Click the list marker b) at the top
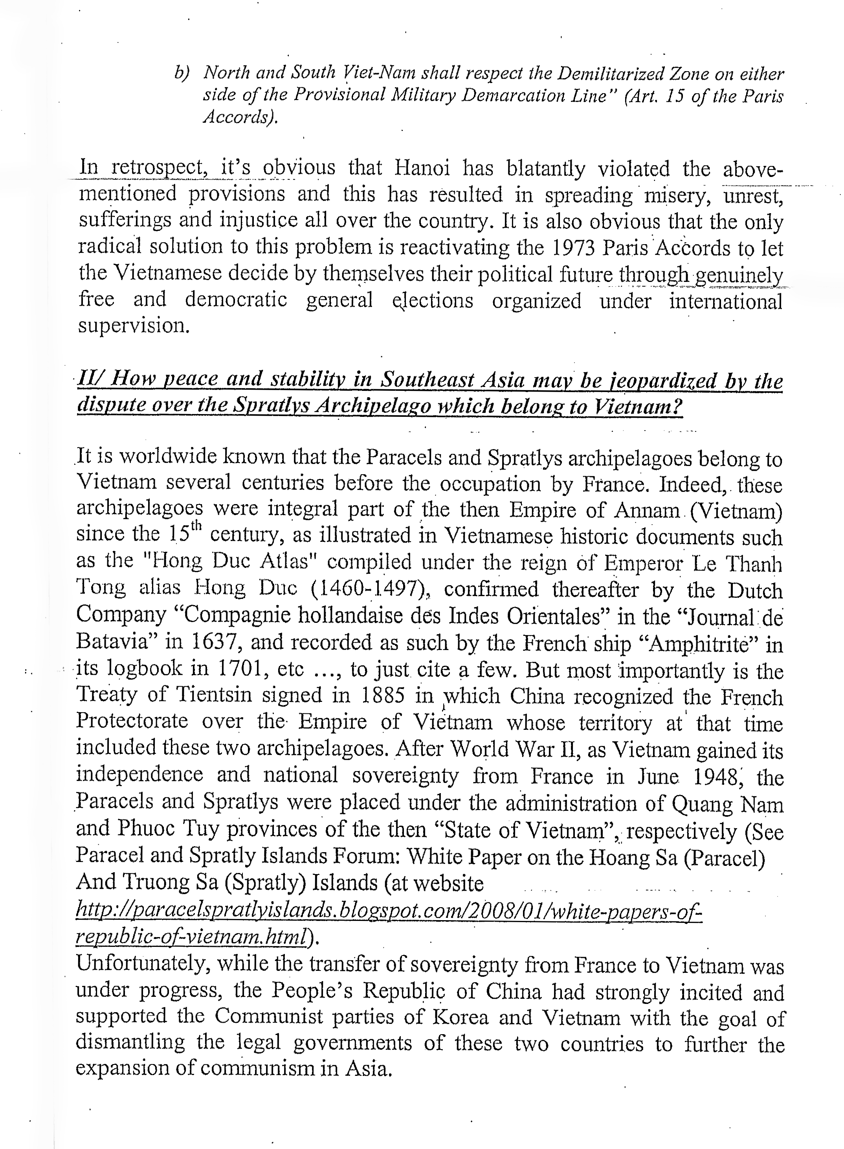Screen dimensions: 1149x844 [182, 73]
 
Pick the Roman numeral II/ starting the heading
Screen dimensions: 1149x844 [90, 379]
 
